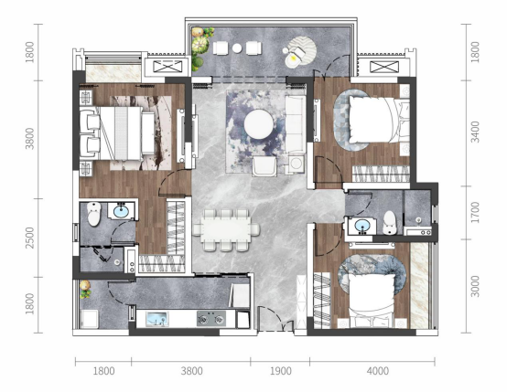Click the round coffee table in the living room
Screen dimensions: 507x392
[x=258, y=124]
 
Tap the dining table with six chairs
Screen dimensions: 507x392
[x=226, y=229]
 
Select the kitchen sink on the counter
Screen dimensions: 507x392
[x=156, y=318]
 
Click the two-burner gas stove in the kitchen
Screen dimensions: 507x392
[x=211, y=318]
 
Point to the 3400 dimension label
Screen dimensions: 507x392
[x=475, y=132]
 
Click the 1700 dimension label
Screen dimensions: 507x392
[x=475, y=213]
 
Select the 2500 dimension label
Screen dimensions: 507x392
[x=30, y=238]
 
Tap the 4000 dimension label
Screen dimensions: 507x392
[x=378, y=371]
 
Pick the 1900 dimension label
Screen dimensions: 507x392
[x=281, y=371]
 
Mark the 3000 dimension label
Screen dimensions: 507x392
[x=475, y=286]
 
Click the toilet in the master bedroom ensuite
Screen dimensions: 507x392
[x=94, y=214]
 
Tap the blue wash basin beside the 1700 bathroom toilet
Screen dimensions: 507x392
[x=362, y=225]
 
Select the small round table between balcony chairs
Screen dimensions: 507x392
[x=237, y=48]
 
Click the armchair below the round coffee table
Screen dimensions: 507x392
[x=264, y=166]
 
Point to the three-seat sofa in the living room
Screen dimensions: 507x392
[x=295, y=124]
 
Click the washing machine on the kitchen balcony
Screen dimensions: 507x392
[x=89, y=319]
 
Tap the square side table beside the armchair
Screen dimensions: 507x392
[x=296, y=164]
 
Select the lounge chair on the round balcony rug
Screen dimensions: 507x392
[x=295, y=57]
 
